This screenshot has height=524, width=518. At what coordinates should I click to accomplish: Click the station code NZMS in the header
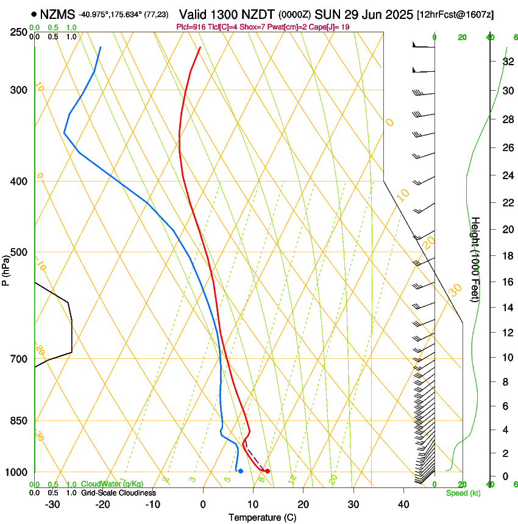tap(59, 14)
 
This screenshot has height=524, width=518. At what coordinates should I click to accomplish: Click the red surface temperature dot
tap(267, 471)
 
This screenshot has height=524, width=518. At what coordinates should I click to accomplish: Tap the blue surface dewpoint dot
tap(241, 471)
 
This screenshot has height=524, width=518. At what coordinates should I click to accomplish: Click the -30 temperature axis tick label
tap(52, 505)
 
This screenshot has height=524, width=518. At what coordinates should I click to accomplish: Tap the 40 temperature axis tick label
tap(403, 505)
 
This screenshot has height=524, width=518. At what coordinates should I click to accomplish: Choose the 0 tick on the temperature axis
tap(203, 505)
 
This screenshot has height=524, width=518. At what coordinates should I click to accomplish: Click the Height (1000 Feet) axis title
tap(475, 259)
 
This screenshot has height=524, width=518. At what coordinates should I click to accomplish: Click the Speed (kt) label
tap(463, 493)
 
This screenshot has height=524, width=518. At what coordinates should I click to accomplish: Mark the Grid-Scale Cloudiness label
tap(118, 493)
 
